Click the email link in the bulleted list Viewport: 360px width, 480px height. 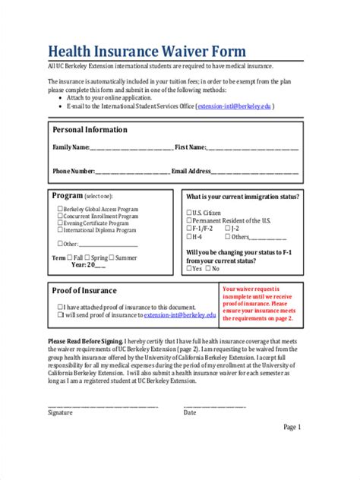(x=235, y=107)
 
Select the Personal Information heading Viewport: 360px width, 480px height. (x=90, y=130)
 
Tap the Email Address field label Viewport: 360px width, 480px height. (x=191, y=172)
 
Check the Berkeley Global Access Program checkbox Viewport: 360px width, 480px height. (x=60, y=207)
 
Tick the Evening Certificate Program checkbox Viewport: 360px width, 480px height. (x=60, y=223)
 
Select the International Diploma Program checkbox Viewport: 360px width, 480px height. (x=60, y=229)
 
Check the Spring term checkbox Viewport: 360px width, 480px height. (x=88, y=257)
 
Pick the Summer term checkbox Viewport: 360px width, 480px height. (x=112, y=257)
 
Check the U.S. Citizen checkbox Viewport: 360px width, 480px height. (x=188, y=213)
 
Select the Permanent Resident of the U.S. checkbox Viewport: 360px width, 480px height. (x=188, y=220)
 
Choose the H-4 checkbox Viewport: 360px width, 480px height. (x=188, y=236)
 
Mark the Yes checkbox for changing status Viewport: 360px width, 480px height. (x=188, y=268)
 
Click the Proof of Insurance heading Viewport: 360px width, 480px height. (x=84, y=290)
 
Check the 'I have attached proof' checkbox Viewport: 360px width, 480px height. (x=60, y=307)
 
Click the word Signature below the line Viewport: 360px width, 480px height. (x=60, y=412)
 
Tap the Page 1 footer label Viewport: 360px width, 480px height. (x=292, y=427)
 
